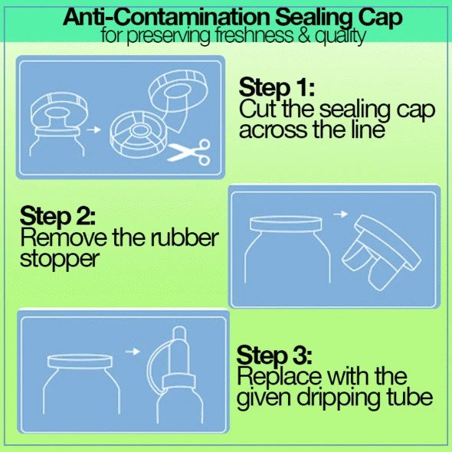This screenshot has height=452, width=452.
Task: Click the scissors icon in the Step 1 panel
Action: pyautogui.click(x=189, y=152)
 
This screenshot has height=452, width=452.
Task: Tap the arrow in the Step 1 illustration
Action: pyautogui.click(x=93, y=129)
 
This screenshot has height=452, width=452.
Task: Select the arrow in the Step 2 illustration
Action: pyautogui.click(x=340, y=215)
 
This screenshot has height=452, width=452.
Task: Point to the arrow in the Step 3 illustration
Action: pyautogui.click(x=133, y=352)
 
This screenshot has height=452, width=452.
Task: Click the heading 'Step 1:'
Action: pyautogui.click(x=277, y=87)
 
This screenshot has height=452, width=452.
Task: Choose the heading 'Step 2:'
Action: pyautogui.click(x=57, y=215)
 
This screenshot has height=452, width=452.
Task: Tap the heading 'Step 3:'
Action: pyautogui.click(x=274, y=355)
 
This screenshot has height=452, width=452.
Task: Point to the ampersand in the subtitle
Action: pyautogui.click(x=303, y=36)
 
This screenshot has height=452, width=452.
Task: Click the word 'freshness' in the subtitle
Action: pyautogui.click(x=254, y=35)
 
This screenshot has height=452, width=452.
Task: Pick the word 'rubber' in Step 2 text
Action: pyautogui.click(x=185, y=237)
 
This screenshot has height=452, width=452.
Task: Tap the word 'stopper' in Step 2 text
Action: pyautogui.click(x=60, y=260)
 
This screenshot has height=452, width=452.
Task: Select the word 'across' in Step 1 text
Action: pyautogui.click(x=273, y=131)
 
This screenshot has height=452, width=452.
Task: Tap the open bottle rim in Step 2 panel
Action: pyautogui.click(x=286, y=224)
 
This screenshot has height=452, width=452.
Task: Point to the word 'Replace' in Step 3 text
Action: pyautogui.click(x=280, y=376)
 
